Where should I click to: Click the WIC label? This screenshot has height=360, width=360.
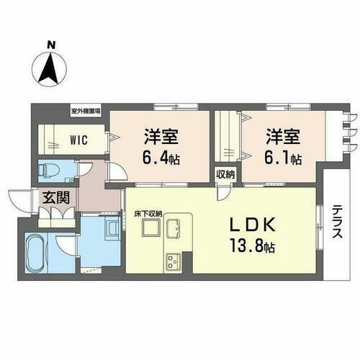(80, 140)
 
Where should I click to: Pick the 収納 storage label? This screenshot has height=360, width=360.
(225, 174)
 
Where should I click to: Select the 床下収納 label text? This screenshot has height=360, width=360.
(148, 213)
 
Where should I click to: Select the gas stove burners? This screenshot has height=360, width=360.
(174, 260)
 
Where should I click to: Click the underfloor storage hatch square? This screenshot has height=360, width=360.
(150, 228)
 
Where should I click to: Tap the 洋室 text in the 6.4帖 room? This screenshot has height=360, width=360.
(160, 135)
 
